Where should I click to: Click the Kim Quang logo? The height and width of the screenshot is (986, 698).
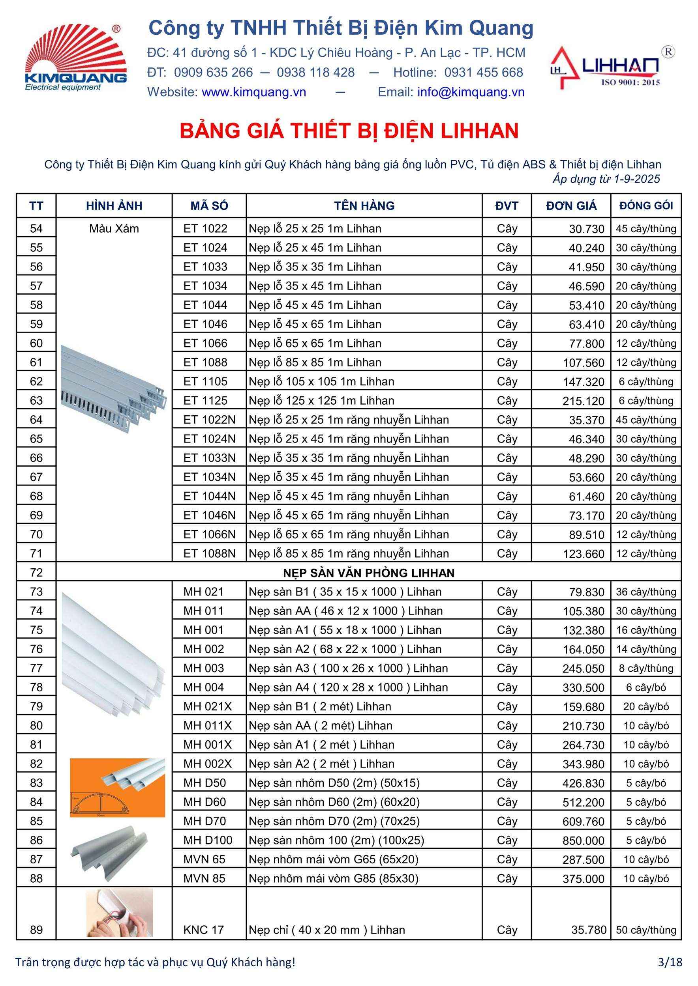tap(76, 58)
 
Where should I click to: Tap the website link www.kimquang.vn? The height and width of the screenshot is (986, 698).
tap(253, 92)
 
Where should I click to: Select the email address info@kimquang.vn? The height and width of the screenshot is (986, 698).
tap(471, 92)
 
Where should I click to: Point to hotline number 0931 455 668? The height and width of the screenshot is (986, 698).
tap(484, 73)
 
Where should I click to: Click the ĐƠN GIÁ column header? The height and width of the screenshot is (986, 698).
tap(571, 206)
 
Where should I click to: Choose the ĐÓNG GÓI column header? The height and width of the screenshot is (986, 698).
tap(646, 206)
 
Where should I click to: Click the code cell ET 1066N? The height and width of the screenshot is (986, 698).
tap(209, 534)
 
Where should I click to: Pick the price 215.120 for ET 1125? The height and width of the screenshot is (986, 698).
tap(583, 401)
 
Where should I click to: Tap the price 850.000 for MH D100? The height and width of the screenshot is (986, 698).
tap(583, 840)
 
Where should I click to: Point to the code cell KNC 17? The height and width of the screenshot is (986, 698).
tap(203, 930)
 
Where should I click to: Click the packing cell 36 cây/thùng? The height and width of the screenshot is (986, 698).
tap(646, 592)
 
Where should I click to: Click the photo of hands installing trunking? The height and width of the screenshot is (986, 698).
tap(120, 913)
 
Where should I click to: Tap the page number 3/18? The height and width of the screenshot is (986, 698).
tap(670, 962)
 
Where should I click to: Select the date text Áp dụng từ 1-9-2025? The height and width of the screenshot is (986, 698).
tap(606, 179)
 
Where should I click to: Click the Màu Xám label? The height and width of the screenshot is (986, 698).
tap(114, 228)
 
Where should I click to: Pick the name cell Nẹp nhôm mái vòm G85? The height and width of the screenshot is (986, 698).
tap(334, 879)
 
